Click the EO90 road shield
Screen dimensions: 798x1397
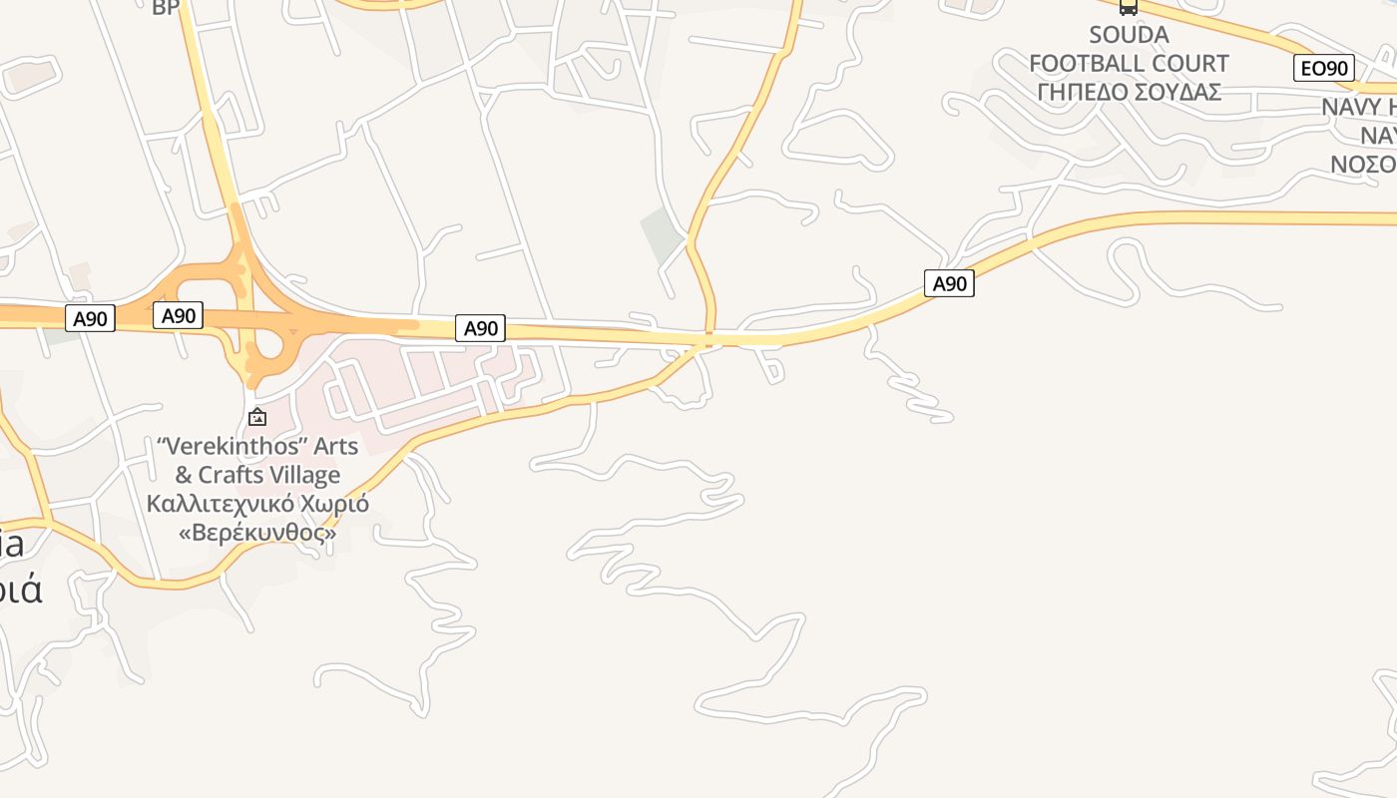pyautogui.click(x=1324, y=68)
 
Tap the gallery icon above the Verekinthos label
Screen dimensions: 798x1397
pyautogui.click(x=257, y=416)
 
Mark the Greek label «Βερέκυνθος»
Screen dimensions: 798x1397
pyautogui.click(x=257, y=533)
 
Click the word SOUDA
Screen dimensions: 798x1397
pyautogui.click(x=1129, y=35)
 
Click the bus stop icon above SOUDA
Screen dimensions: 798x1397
pyautogui.click(x=1128, y=7)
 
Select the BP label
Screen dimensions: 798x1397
pyautogui.click(x=165, y=8)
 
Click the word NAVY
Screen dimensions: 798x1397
pyautogui.click(x=1352, y=107)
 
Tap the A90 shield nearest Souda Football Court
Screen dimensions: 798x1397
pyautogui.click(x=949, y=283)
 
